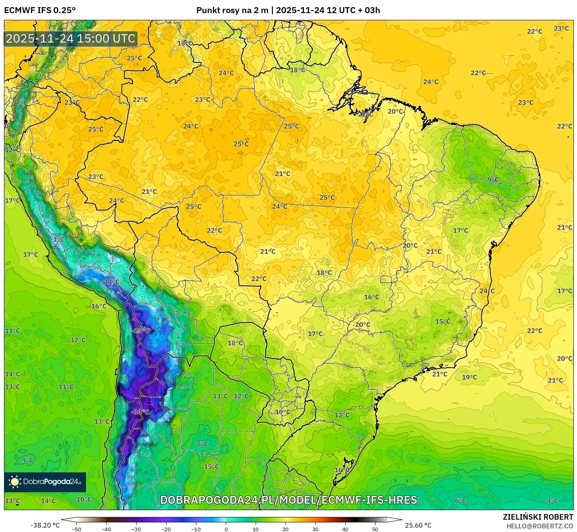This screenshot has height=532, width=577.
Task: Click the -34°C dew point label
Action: [140, 412]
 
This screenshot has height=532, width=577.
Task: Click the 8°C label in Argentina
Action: [202, 444]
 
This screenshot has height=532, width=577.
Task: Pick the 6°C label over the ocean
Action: [460, 501]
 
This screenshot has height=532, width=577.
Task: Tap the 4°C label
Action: [552, 501]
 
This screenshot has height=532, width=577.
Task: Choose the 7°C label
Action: [22, 103]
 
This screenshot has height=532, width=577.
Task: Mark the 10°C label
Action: [84, 499]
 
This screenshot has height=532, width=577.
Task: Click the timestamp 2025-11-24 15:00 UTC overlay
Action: [70, 39]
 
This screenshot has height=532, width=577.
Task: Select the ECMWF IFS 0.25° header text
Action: [40, 10]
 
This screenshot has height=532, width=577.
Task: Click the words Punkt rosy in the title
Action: [217, 10]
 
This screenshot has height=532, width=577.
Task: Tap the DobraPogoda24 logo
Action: [45, 482]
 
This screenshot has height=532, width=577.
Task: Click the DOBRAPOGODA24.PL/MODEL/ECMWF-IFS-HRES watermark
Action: [289, 500]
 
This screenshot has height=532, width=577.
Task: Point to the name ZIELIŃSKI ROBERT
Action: [538, 517]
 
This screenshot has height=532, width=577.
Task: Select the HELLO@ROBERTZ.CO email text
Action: [540, 526]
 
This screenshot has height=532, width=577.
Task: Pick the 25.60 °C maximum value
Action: [418, 525]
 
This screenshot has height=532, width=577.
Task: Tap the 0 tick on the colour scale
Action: [226, 529]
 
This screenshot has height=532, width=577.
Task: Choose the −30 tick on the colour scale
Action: [136, 529]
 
